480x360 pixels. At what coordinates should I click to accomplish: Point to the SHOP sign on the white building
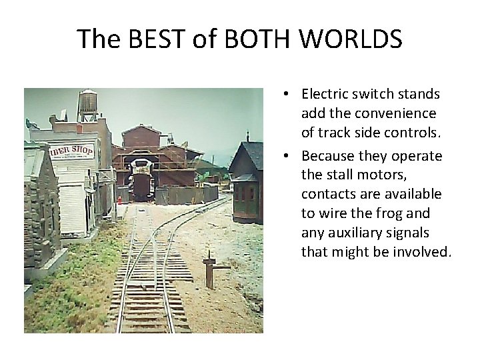tap(80, 151)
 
